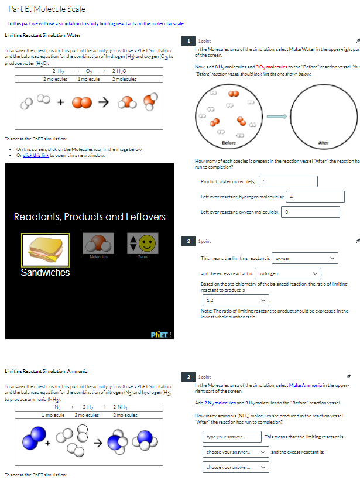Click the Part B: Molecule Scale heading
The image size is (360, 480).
(x=47, y=9)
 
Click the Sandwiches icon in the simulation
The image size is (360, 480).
(x=45, y=249)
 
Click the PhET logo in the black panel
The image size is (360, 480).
(x=161, y=335)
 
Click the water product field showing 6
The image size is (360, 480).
(x=289, y=181)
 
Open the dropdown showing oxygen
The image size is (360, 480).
(x=305, y=258)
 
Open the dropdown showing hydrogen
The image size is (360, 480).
(x=289, y=273)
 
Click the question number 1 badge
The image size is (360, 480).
(x=188, y=41)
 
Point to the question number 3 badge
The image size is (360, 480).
(x=188, y=376)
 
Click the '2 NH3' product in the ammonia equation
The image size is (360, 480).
(x=122, y=407)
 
